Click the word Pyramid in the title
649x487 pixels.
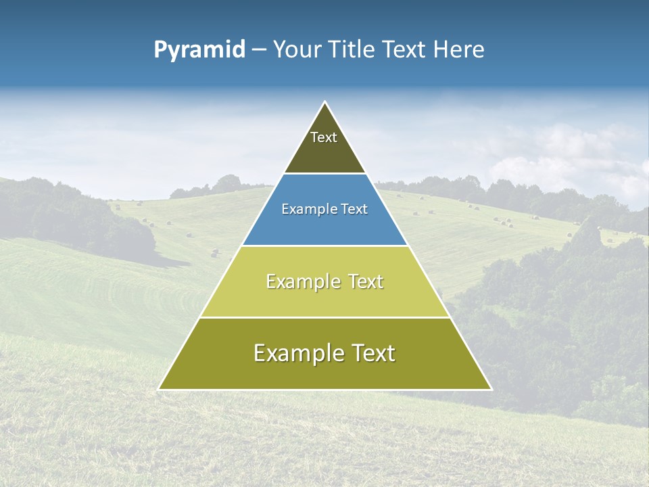(199, 50)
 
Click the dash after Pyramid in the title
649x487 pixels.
(259, 50)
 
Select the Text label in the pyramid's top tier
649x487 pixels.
(324, 137)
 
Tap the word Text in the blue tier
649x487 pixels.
(355, 210)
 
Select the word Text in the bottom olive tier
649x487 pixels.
(371, 353)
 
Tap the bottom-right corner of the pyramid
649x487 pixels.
(491, 389)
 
